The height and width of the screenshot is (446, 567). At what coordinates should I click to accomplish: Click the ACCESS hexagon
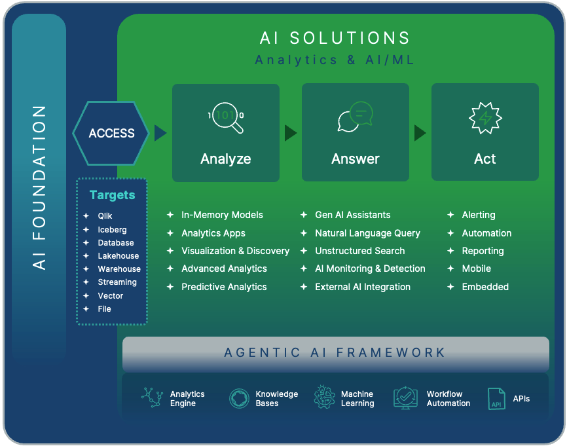pos(112,133)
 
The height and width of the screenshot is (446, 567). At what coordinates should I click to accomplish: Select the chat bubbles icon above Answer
pos(354,117)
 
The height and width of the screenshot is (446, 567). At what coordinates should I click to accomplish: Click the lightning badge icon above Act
pos(485,118)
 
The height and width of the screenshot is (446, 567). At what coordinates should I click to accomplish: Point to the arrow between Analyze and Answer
pos(291,133)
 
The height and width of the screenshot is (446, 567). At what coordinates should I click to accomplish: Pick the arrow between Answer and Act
pos(420,133)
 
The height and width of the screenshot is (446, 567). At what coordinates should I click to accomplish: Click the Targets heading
pos(112,195)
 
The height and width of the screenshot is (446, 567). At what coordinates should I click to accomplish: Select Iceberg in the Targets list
pos(112,230)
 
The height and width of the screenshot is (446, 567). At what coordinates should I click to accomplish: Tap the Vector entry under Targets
pos(110,295)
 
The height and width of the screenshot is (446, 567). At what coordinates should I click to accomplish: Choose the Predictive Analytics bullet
pos(224,287)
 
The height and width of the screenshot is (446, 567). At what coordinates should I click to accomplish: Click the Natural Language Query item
pos(367,233)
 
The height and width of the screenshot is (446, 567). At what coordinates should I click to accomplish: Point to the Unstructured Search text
pos(359,251)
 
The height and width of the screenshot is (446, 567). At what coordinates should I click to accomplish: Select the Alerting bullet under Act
pos(478,215)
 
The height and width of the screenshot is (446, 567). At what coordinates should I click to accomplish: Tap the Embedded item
pos(485,287)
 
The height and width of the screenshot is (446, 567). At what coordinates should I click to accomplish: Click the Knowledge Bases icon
pos(239,398)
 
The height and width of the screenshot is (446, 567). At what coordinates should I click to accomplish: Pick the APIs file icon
pos(496,398)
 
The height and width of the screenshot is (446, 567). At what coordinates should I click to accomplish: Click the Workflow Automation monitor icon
pos(405,398)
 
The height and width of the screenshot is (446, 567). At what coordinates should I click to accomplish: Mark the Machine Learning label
pos(357,399)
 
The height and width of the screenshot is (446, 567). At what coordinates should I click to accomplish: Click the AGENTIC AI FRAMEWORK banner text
pos(335,353)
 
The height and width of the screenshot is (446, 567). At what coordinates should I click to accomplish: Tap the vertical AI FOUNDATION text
pos(39,187)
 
